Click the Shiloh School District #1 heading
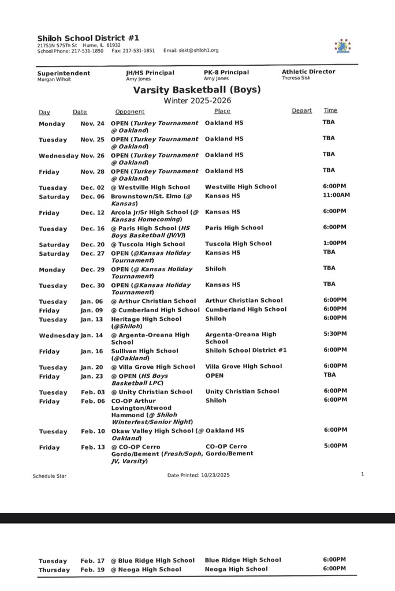point(88,38)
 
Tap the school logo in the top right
point(342,46)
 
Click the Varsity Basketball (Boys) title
point(197,90)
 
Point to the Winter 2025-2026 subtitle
point(197,100)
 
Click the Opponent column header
point(130,111)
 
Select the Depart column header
point(301,111)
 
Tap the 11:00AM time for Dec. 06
point(337,194)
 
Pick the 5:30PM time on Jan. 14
point(335,334)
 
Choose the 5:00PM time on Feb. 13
point(336,446)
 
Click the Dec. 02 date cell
point(92,188)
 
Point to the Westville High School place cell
point(240,187)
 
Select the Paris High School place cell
point(234,228)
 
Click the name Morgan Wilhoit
point(54,79)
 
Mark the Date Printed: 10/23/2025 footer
point(198,475)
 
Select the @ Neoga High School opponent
point(146,569)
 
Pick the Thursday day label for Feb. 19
point(54,570)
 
